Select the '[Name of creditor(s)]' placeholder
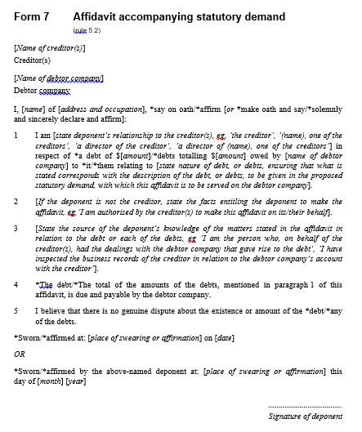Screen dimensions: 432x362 coord(50,48)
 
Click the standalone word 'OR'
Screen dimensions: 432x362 coord(20,354)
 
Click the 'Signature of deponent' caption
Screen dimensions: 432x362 coord(306,416)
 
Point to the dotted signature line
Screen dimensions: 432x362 coord(306,406)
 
